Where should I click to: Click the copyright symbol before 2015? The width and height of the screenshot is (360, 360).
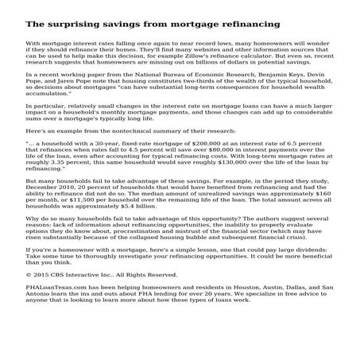pos(29,276)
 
